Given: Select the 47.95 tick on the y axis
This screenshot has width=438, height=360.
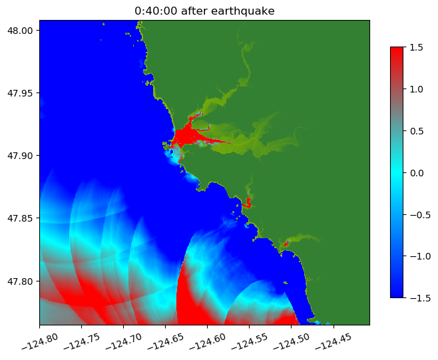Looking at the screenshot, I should click(x=22, y=92).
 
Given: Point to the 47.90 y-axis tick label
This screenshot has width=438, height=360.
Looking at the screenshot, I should click(x=22, y=155).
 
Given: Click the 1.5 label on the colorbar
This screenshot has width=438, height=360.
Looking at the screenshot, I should click(x=417, y=47).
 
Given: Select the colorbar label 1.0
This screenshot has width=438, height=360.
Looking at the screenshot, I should click(x=417, y=89).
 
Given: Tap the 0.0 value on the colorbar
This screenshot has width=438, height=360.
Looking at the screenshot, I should click(x=417, y=172).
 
